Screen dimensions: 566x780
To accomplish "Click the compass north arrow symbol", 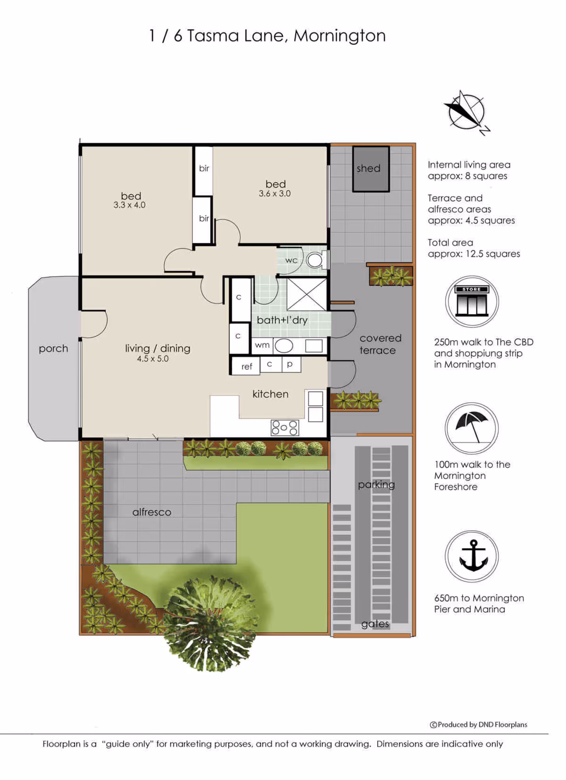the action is [467, 113].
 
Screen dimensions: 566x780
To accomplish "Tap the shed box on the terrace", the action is [371, 169].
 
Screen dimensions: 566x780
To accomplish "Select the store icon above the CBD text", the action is [472, 301].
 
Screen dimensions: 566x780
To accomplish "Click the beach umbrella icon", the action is [472, 428].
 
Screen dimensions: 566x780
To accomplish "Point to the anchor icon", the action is [472, 556].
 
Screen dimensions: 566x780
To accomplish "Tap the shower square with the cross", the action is [306, 294].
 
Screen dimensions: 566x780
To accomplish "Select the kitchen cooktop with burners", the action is [285, 427].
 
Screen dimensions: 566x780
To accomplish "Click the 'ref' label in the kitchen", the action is [247, 367].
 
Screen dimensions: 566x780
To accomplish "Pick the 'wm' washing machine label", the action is [262, 345].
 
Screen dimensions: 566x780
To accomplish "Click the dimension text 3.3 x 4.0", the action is [129, 205].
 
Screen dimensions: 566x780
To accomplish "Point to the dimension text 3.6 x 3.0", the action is [275, 193].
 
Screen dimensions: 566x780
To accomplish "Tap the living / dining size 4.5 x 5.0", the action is [153, 359].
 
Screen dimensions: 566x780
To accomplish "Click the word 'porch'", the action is [53, 349].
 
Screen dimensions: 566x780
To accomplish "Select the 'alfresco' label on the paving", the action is [152, 512].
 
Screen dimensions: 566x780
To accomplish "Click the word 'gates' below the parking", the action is [375, 624].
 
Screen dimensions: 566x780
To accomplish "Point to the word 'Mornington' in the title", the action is [340, 36].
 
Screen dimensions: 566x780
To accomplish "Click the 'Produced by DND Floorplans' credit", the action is [478, 725].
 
